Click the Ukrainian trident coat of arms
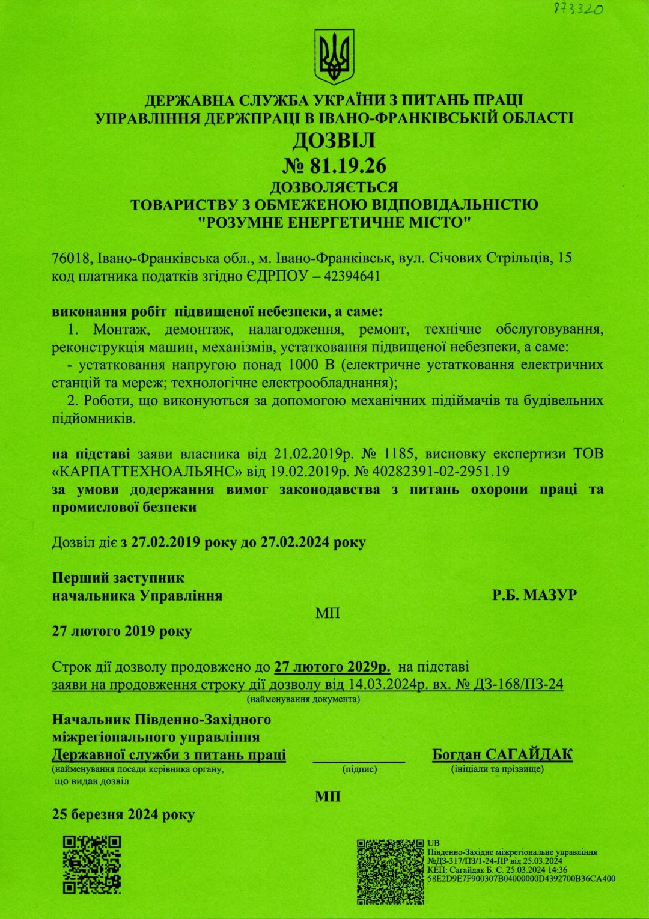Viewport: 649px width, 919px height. coord(334,57)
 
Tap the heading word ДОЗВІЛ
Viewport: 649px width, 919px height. coord(334,141)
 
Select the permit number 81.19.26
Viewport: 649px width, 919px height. coord(348,165)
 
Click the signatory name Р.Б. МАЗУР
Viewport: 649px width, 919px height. coord(534,595)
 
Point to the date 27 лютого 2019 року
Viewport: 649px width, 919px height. coord(122,631)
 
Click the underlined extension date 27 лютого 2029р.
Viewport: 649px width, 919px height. coord(332,667)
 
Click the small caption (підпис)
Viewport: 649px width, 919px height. coord(359,769)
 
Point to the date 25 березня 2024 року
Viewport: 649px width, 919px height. coord(123,814)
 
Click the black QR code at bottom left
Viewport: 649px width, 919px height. coord(92,864)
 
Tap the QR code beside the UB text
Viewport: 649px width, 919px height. coord(390,872)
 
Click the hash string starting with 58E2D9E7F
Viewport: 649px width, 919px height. coord(521,878)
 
